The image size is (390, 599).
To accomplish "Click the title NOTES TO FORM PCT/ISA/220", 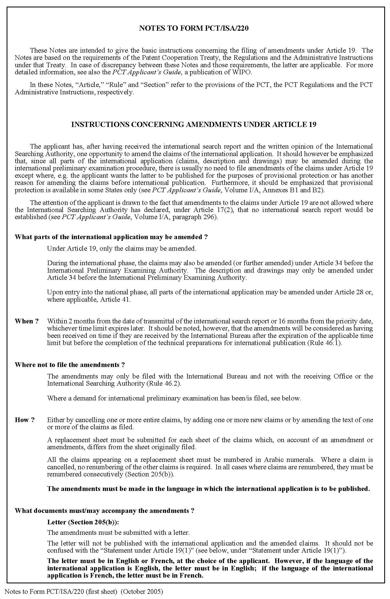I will point(194,29).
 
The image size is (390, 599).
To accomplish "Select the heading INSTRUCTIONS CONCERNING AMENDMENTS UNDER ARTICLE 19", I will point(194,125).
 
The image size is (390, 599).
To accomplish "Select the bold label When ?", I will point(27,321).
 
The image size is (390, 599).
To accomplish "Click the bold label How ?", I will point(25,420).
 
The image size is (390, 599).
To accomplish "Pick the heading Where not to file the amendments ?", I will point(70,365).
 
